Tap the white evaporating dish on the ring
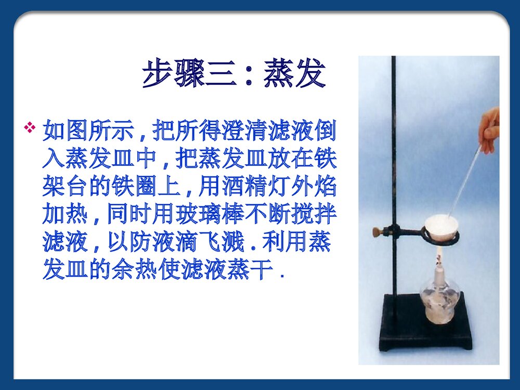click(x=441, y=228)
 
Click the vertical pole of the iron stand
click(x=394, y=156)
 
